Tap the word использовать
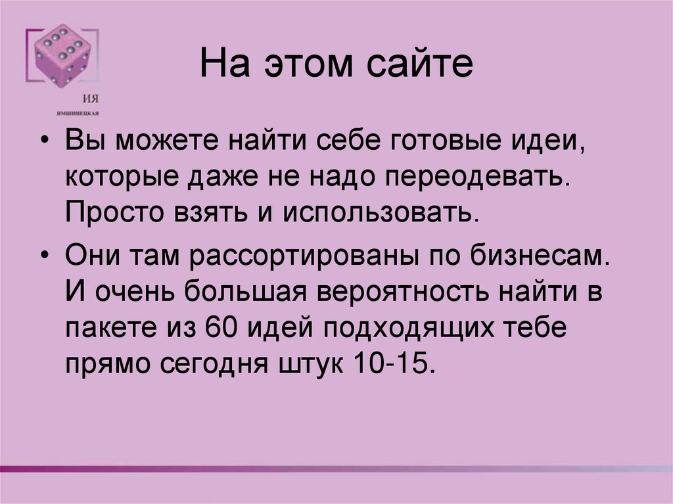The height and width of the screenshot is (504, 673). click(x=379, y=212)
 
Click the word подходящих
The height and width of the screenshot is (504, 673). click(x=408, y=327)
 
